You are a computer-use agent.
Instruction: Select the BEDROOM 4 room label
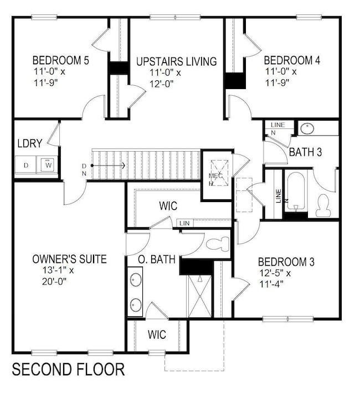291,60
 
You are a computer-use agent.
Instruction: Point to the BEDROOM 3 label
286,261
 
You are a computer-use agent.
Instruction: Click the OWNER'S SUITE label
69,259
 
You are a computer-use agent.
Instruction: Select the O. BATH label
157,259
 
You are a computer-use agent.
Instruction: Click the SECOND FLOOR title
69,369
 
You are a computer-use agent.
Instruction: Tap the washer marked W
47,164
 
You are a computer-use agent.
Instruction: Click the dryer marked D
26,164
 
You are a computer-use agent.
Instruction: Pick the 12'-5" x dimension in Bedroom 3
273,273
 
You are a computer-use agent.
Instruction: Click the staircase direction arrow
109,165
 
